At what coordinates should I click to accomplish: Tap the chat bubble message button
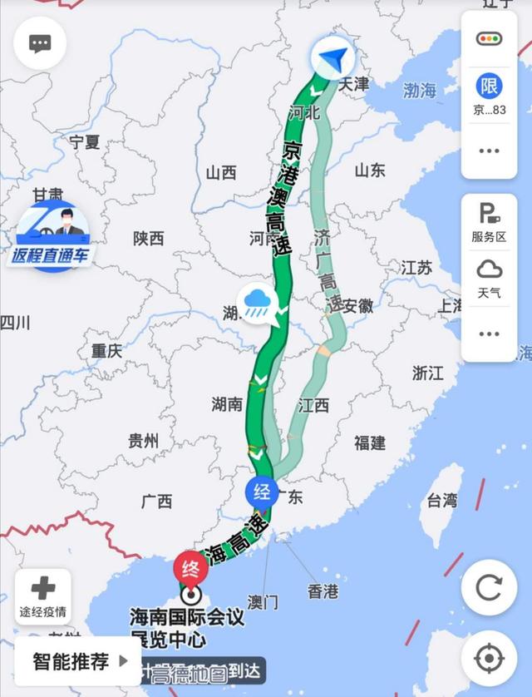(x=40, y=44)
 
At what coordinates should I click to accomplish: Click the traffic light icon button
(x=489, y=39)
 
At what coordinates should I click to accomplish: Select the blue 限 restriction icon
(x=489, y=86)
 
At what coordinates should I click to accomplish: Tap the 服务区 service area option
(x=489, y=222)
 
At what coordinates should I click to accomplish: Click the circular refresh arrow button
(x=489, y=588)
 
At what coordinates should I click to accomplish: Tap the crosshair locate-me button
(x=489, y=658)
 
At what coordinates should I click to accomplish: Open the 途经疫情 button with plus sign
(x=42, y=597)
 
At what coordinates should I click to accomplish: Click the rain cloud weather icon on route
(x=255, y=303)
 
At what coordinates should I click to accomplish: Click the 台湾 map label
(x=441, y=500)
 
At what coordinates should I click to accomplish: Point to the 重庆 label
(x=106, y=351)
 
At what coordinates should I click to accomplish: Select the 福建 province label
(x=370, y=442)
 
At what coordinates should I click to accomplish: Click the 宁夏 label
(x=84, y=141)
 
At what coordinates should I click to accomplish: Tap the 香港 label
(x=323, y=591)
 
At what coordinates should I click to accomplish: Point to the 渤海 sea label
(x=420, y=90)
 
